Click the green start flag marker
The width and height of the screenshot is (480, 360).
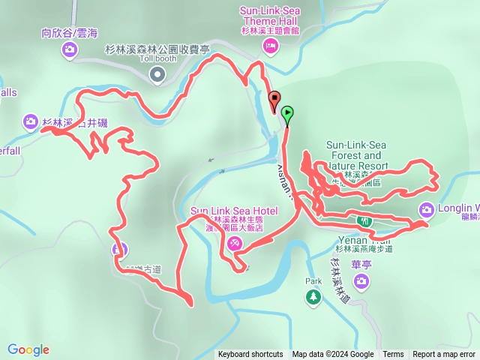287,115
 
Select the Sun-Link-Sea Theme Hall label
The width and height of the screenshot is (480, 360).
269,16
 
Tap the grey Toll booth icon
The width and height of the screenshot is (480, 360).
157,73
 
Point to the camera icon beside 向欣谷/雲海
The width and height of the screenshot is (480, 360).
69,49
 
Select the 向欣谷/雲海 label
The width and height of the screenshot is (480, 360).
69,34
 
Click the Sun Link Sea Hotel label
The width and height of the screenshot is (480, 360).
235,211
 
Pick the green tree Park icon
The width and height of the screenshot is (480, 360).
313,298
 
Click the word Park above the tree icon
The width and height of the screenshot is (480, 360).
313,282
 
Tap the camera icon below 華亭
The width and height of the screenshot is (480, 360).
362,280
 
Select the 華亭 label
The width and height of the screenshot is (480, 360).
362,264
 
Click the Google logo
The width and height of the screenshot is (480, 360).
28,349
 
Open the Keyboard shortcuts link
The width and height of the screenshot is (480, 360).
250,355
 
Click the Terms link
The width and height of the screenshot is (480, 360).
393,355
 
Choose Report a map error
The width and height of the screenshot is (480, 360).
444,355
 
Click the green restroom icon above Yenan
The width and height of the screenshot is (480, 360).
364,222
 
